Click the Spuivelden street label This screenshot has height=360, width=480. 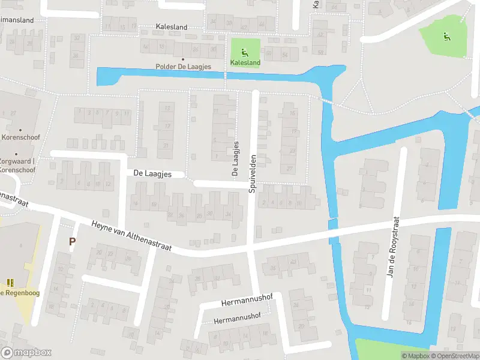pos(253,173)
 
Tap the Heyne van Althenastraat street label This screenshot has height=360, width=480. pos(131,236)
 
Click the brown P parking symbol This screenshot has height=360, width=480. pos(72,242)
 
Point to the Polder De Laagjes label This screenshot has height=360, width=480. pos(183,67)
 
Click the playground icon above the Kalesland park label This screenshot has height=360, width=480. pos(244,52)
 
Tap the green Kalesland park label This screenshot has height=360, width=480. pos(245,62)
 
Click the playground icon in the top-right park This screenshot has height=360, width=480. pos(446,37)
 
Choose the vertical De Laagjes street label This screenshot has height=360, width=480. pos(236,158)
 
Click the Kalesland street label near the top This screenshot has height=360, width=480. pos(171,27)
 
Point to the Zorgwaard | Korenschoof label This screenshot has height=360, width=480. pos(17,166)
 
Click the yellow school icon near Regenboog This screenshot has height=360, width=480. pos(10,282)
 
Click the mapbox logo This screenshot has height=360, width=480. pos(26,353)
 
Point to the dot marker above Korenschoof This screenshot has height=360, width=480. pos(20,130)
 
